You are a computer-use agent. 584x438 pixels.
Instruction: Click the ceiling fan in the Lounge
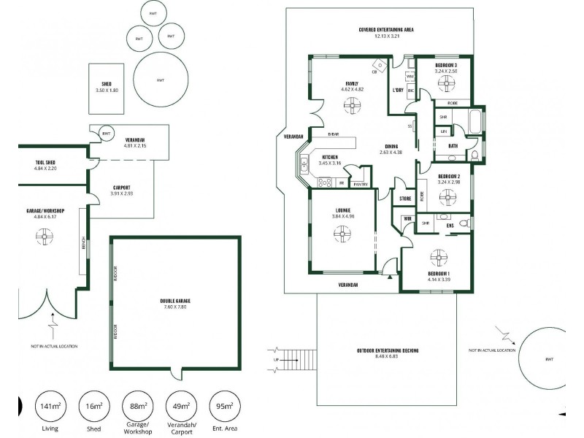tap(341, 234)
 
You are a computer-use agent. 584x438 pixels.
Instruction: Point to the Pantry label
tap(360, 185)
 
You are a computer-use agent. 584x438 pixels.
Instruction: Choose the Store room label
tap(406, 199)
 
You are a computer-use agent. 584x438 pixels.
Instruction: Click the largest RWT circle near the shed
tap(158, 79)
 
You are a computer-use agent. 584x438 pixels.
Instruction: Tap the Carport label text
tap(121, 187)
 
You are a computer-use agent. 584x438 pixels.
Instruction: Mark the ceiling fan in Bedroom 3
tap(445, 83)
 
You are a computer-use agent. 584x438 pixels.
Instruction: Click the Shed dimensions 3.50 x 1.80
tap(107, 90)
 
